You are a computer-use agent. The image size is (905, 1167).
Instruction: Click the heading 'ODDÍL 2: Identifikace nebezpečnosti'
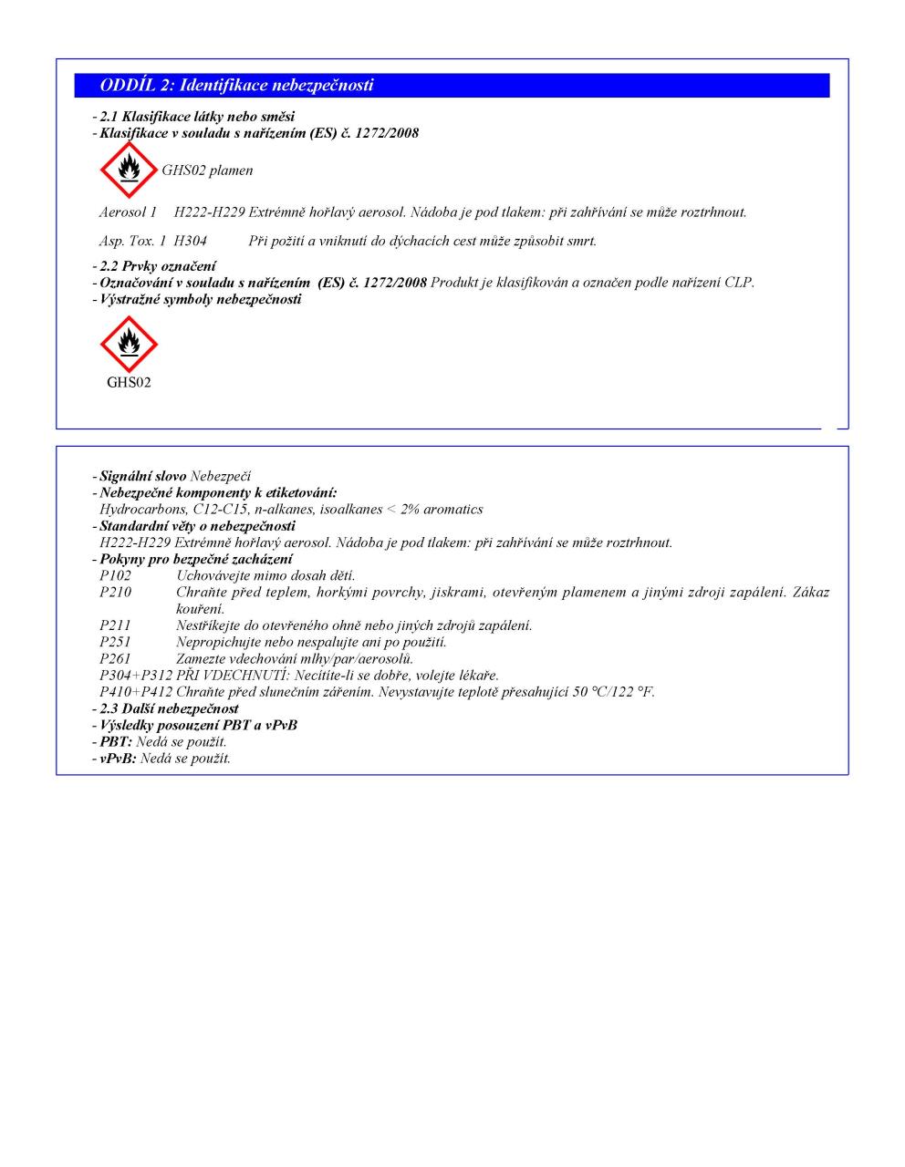[x=237, y=86]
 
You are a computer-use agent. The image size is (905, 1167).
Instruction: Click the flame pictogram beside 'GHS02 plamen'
[x=128, y=170]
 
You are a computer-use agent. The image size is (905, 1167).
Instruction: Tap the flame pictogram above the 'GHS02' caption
[x=129, y=345]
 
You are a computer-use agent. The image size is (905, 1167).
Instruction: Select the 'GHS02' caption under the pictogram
[x=129, y=383]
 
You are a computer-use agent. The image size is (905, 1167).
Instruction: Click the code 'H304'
[x=191, y=241]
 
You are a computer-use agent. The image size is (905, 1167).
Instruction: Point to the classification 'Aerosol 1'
[x=129, y=212]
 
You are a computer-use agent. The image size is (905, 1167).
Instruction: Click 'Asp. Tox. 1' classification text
[x=132, y=241]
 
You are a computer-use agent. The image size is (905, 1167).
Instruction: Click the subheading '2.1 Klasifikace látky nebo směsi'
[x=197, y=117]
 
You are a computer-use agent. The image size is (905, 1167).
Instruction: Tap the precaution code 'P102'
[x=116, y=576]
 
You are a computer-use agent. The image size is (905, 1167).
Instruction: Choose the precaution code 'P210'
[x=116, y=593]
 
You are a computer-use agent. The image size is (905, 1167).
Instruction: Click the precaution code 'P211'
[x=116, y=625]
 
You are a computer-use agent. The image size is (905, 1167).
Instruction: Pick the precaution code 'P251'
[x=116, y=642]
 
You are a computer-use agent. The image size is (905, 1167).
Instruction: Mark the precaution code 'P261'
[x=116, y=658]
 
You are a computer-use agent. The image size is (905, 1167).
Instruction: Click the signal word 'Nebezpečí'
[x=221, y=477]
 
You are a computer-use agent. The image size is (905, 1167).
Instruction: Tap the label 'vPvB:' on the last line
[x=118, y=759]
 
